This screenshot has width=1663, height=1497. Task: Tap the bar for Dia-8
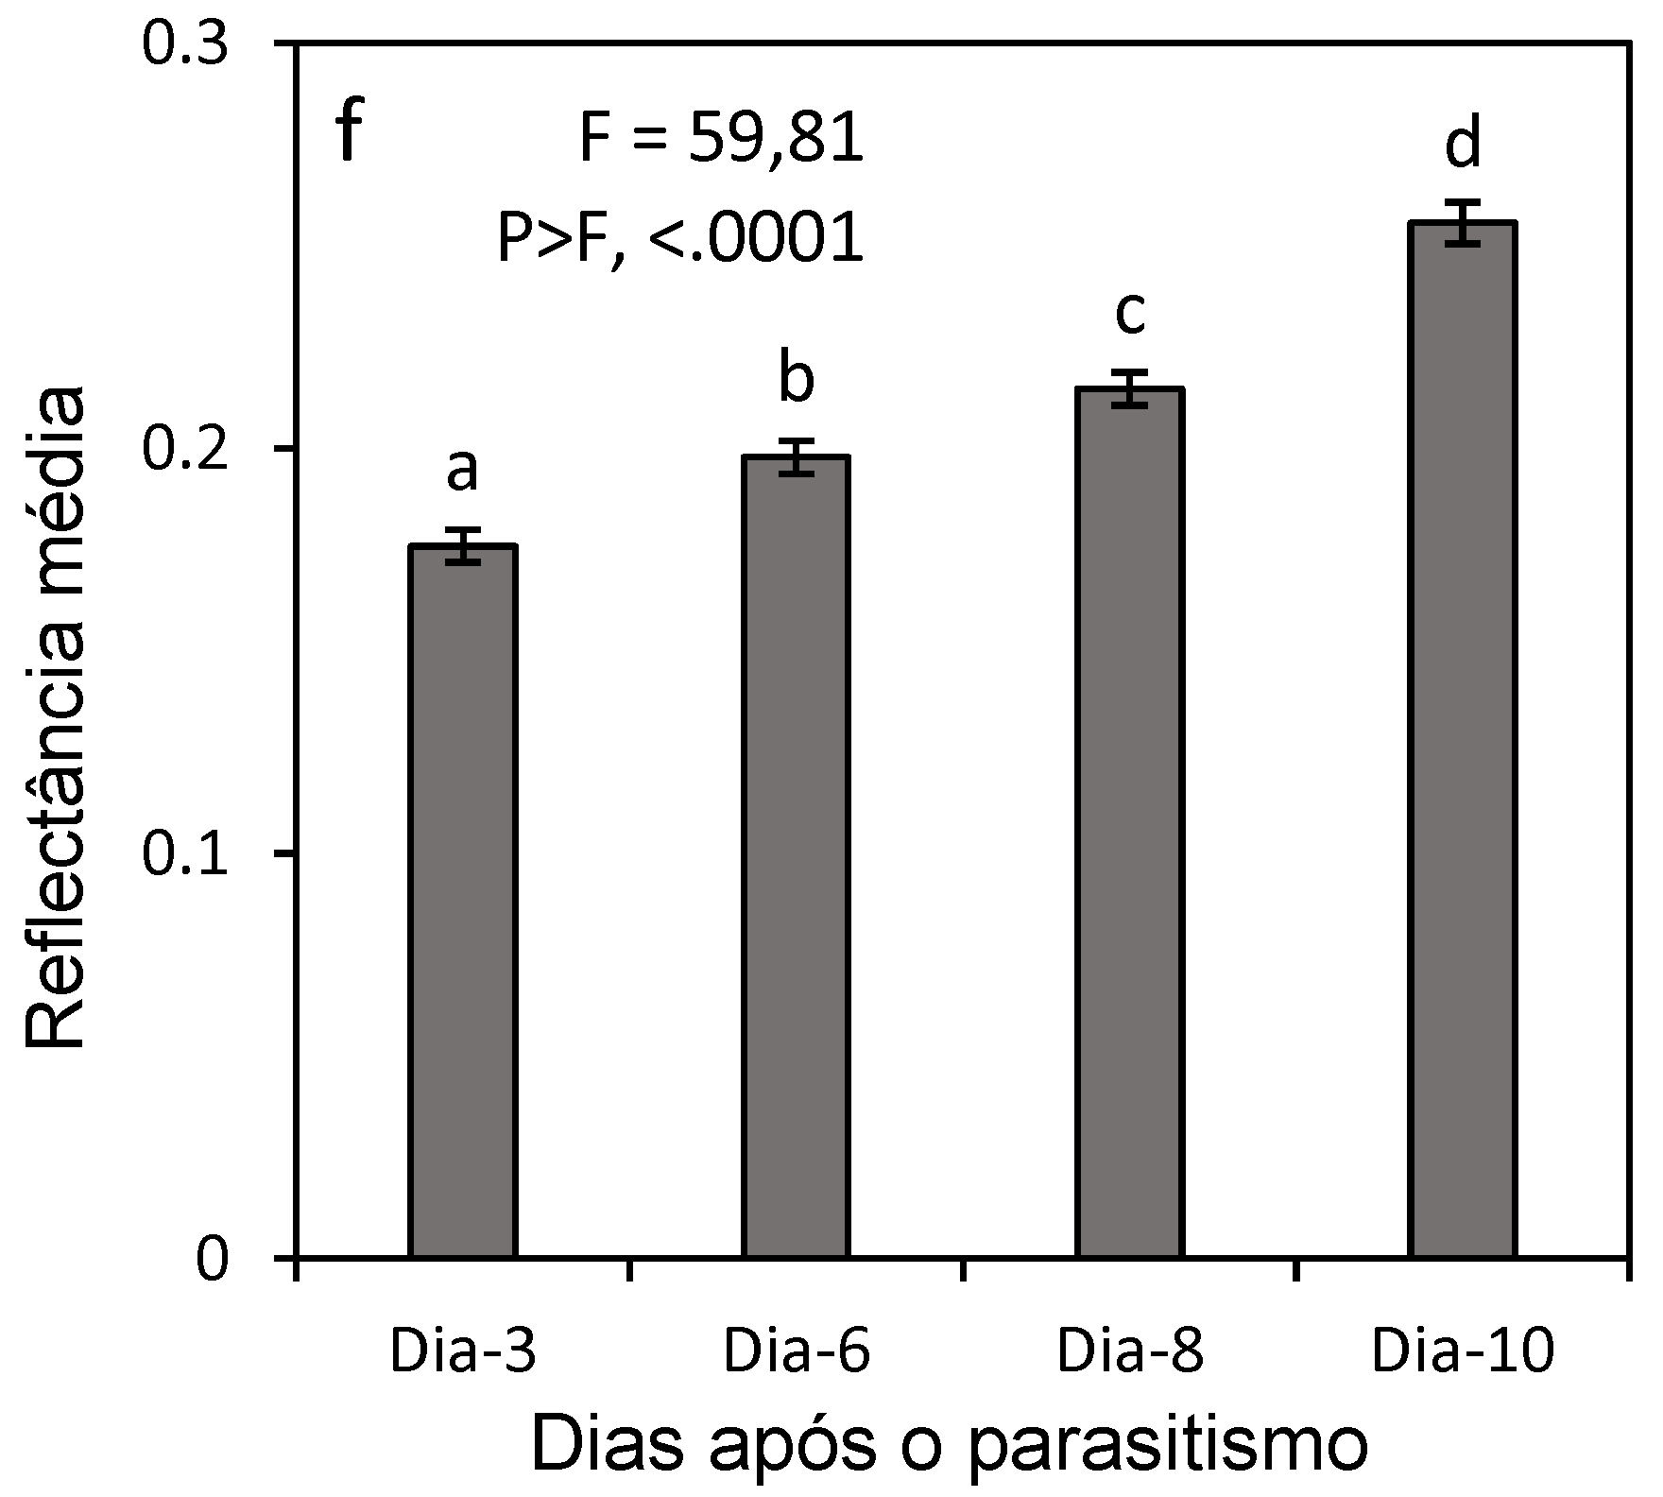tap(1129, 821)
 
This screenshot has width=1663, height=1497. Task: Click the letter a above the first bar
tap(462, 470)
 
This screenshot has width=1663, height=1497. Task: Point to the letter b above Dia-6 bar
tap(796, 379)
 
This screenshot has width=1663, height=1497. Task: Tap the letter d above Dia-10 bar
tap(1463, 145)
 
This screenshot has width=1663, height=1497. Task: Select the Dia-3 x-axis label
tap(463, 1352)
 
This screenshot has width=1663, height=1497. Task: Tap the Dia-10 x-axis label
tap(1463, 1352)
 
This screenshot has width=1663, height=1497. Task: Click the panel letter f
tap(349, 132)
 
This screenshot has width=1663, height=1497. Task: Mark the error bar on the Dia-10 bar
tap(1463, 223)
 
